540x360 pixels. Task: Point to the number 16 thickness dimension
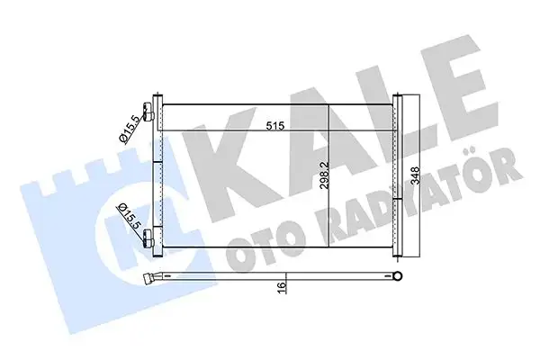pos(280,287)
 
